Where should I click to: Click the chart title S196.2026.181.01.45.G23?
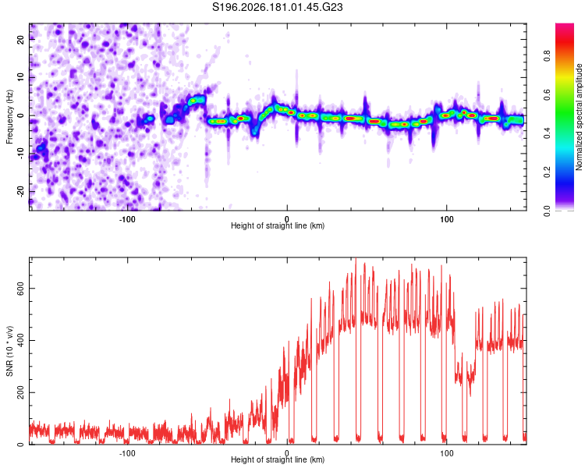[x=277, y=7]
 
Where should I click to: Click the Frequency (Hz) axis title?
[x=9, y=117]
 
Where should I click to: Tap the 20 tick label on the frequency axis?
[x=20, y=39]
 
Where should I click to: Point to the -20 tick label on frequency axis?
[x=20, y=191]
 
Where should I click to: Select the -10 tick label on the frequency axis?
[x=20, y=154]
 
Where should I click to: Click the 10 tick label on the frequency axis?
[x=20, y=77]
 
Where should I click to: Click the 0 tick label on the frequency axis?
[x=20, y=115]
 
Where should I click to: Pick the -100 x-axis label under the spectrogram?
[x=127, y=219]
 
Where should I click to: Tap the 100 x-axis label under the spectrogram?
[x=447, y=219]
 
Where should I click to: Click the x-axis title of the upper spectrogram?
[x=278, y=225]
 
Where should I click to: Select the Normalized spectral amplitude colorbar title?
[x=579, y=117]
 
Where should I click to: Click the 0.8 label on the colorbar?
[x=547, y=56]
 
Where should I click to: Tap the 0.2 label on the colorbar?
[x=547, y=172]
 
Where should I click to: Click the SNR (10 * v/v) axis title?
[x=9, y=351]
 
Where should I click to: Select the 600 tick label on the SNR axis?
[x=20, y=288]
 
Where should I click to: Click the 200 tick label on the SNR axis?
[x=20, y=392]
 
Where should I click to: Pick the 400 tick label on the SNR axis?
[x=20, y=340]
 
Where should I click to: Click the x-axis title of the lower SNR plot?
[x=278, y=459]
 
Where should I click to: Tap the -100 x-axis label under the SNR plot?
[x=127, y=453]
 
